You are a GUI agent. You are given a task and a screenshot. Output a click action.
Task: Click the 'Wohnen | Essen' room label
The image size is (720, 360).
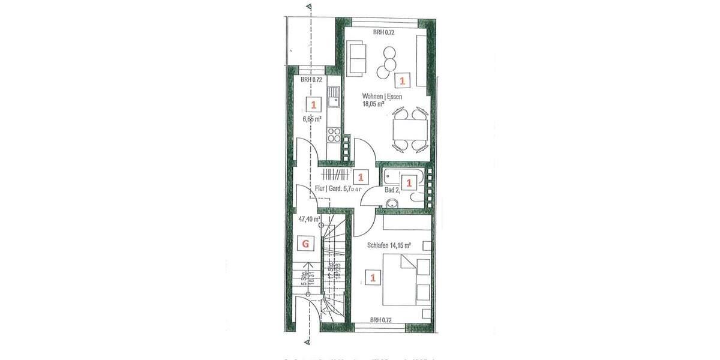382,96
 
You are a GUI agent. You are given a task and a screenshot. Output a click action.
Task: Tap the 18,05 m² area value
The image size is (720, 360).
373,103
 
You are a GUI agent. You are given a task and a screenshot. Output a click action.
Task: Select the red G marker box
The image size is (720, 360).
306,243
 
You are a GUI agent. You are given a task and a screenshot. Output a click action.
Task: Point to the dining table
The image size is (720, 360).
410,128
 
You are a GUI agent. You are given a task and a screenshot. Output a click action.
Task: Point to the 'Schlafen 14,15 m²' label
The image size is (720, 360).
389,245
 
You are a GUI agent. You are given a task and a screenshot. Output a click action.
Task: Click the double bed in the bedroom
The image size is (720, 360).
405,280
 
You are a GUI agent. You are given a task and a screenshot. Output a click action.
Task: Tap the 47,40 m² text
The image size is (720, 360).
309,220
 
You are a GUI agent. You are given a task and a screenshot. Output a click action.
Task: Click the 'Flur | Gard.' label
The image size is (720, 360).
328,189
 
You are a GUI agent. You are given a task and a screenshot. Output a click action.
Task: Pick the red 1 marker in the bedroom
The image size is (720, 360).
373,278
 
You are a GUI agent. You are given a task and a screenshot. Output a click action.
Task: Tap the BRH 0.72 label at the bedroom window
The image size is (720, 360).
381,320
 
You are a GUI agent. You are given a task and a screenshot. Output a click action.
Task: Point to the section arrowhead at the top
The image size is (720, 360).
308,7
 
